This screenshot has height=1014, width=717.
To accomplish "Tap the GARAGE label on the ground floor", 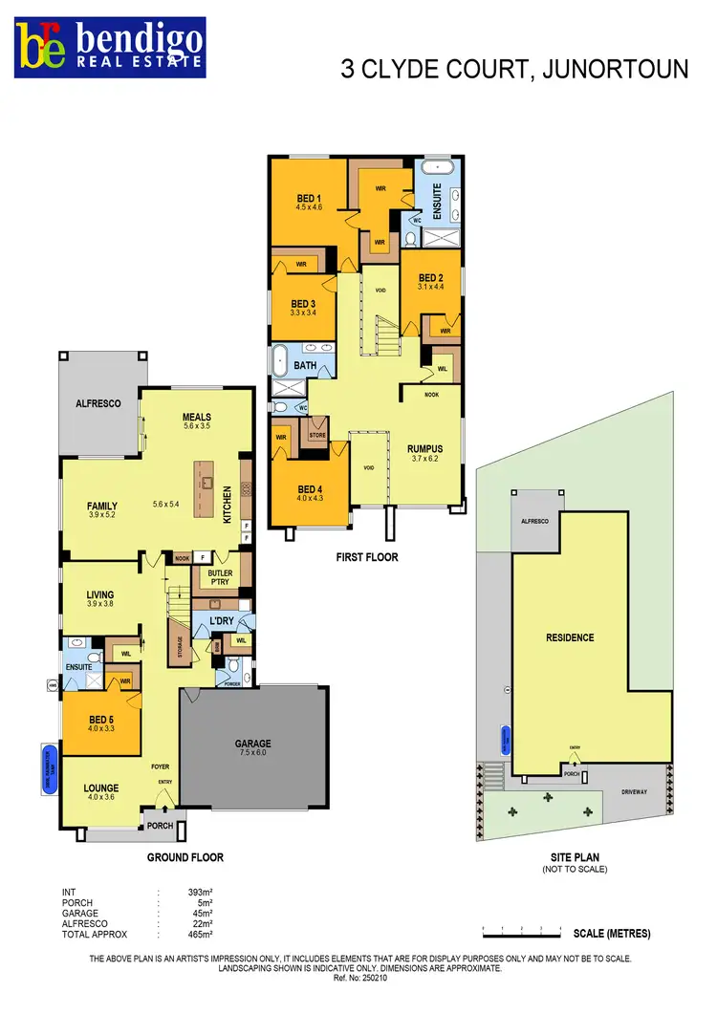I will tap(253, 743).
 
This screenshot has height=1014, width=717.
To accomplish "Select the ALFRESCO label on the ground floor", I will tap(98, 404).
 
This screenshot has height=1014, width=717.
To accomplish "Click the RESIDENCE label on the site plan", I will tap(570, 637).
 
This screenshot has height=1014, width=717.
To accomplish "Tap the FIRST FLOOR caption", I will tap(367, 557).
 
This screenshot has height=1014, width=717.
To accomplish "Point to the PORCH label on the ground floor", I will tap(160, 826).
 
